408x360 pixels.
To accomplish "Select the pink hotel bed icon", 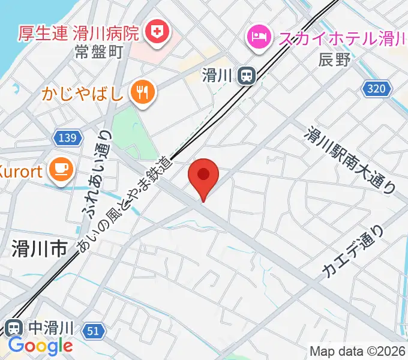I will point(258,37).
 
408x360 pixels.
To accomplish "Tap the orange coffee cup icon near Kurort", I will point(62,170).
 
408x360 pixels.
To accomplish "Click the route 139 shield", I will point(68,139).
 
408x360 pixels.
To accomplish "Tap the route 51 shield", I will point(92,331).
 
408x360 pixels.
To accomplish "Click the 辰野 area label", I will point(334,59).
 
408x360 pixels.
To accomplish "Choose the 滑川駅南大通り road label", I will point(352,160).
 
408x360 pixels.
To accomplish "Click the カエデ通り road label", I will point(352,252).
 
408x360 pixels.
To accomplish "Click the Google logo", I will point(40,346).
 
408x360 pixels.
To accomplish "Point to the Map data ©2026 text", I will point(358,350).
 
